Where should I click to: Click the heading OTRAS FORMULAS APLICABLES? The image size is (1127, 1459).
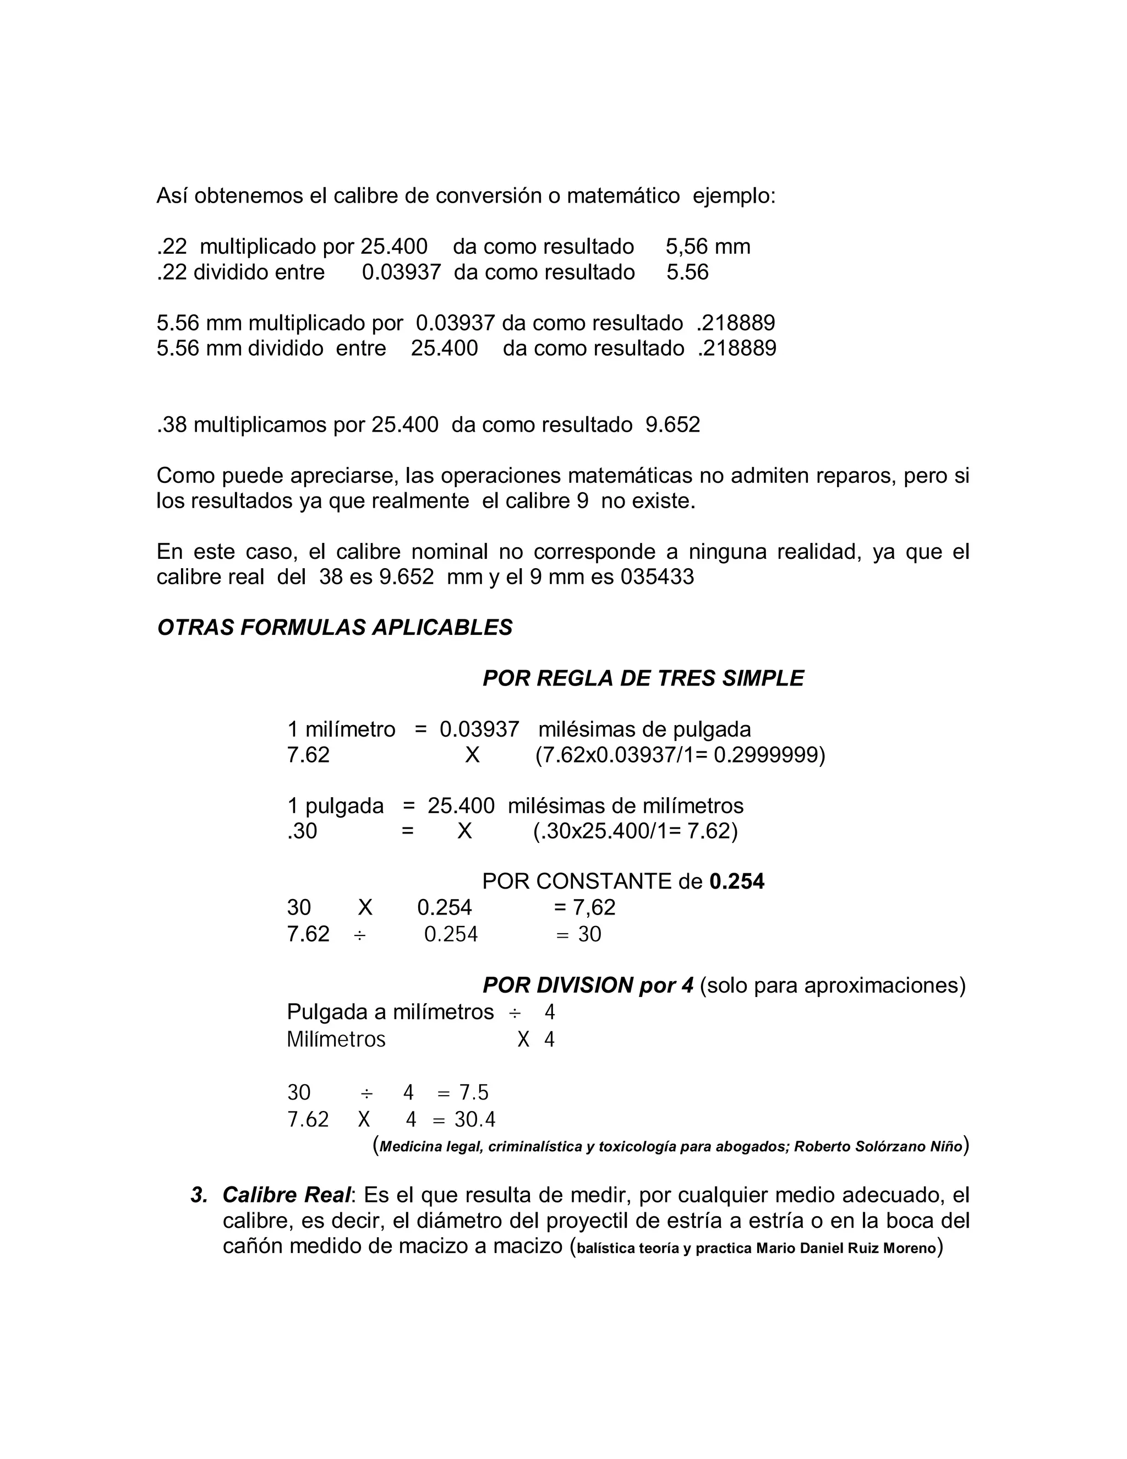pyautogui.click(x=335, y=627)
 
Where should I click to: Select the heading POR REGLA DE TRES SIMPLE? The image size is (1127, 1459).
pyautogui.click(x=643, y=678)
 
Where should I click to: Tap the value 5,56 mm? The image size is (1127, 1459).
pyautogui.click(x=708, y=247)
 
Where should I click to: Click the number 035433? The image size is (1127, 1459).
pyautogui.click(x=657, y=576)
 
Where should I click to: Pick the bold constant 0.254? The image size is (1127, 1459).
pyautogui.click(x=736, y=882)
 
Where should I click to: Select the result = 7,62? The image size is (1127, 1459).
pyautogui.click(x=584, y=907)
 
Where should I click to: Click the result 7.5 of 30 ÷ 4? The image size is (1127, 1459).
pyautogui.click(x=473, y=1092)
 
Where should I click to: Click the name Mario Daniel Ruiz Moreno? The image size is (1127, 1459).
pyautogui.click(x=846, y=1248)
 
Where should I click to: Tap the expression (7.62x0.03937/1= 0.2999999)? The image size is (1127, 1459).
pyautogui.click(x=680, y=755)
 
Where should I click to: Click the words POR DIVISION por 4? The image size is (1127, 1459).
pyautogui.click(x=588, y=986)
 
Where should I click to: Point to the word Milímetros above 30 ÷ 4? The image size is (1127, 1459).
pyautogui.click(x=336, y=1039)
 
